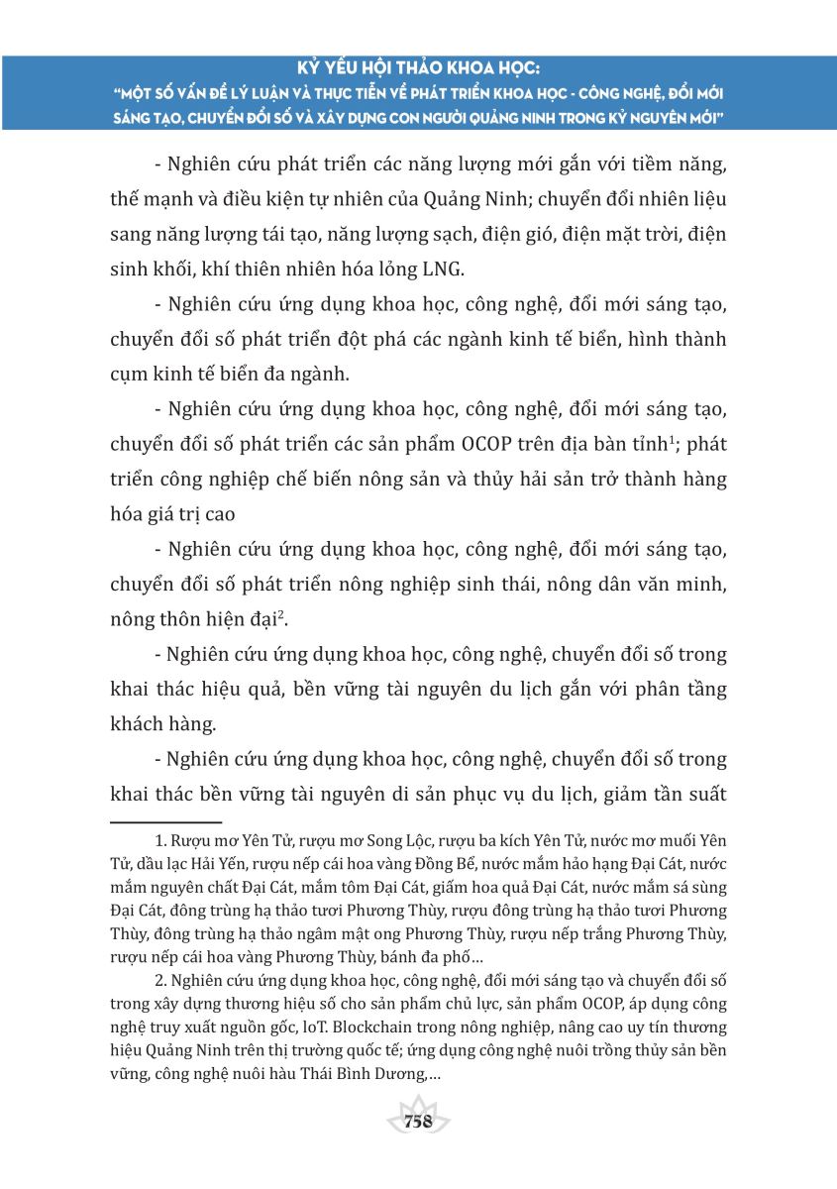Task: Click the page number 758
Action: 418,1122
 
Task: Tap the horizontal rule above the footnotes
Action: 165,821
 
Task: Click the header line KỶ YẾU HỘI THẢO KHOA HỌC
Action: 418,70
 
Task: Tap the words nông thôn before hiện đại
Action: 152,621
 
